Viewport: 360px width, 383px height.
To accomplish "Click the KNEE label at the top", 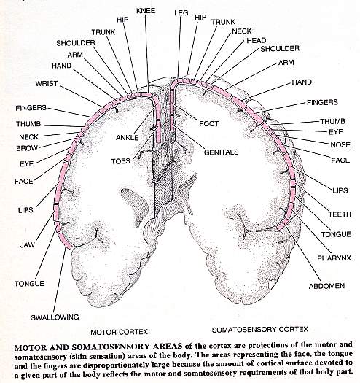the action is [146, 11].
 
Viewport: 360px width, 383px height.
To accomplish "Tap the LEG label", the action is [181, 13].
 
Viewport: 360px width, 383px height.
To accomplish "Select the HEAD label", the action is [257, 40].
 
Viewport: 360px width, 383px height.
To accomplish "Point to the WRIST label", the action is [47, 84].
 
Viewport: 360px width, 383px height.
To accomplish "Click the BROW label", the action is [27, 148].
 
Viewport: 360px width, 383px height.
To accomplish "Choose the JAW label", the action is [28, 244].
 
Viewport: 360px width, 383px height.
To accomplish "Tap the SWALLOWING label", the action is [55, 317].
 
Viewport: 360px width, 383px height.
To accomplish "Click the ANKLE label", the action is [127, 138].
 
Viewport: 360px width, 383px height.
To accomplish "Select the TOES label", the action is [121, 161].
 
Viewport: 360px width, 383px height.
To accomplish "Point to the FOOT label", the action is [208, 123].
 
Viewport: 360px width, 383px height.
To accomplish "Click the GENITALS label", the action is [221, 152].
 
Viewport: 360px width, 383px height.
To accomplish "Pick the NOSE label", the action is [340, 145].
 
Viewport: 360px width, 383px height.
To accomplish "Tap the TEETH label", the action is [340, 214].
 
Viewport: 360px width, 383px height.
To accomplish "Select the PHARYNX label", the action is [334, 258].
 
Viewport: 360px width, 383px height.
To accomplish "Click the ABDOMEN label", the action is [326, 286].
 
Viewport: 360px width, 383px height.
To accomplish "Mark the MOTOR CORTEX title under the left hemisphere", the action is [119, 332].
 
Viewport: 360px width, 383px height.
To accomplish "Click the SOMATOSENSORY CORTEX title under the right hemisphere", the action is [260, 330].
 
